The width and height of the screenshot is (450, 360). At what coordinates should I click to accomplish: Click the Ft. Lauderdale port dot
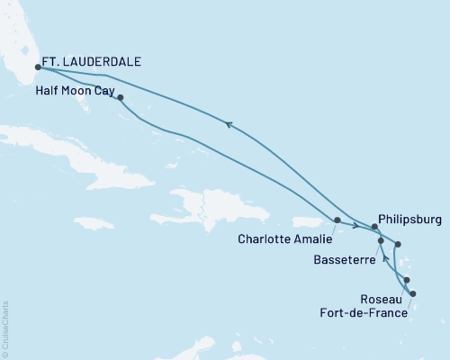click(37, 67)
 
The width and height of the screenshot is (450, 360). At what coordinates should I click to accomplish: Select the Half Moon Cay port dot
click(120, 98)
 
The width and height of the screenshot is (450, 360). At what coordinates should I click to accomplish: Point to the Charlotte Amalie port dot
click(337, 220)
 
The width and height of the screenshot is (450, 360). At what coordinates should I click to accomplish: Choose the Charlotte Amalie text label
click(284, 239)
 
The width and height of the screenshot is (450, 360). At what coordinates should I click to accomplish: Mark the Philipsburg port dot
click(374, 227)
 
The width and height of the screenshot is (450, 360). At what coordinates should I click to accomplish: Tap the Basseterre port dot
click(382, 241)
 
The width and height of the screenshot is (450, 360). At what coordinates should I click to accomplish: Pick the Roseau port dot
click(407, 280)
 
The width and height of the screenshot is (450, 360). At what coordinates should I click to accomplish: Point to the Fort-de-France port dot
click(413, 294)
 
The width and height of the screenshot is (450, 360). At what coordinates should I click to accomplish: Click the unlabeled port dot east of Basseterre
click(399, 245)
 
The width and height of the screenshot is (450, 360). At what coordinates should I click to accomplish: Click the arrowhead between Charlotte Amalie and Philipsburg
click(357, 226)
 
